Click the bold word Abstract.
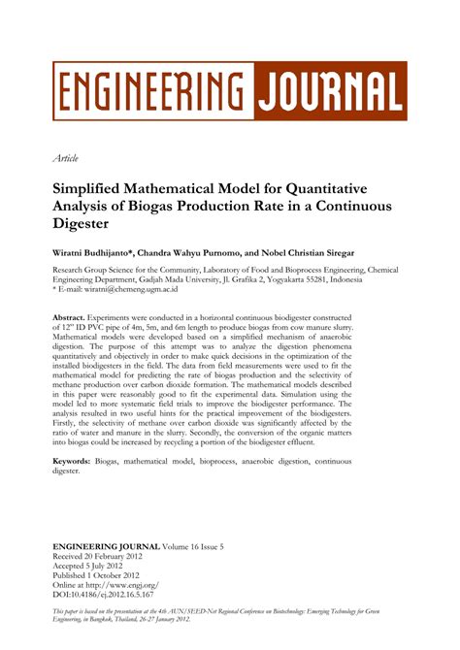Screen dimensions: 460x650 [x=69, y=317]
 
